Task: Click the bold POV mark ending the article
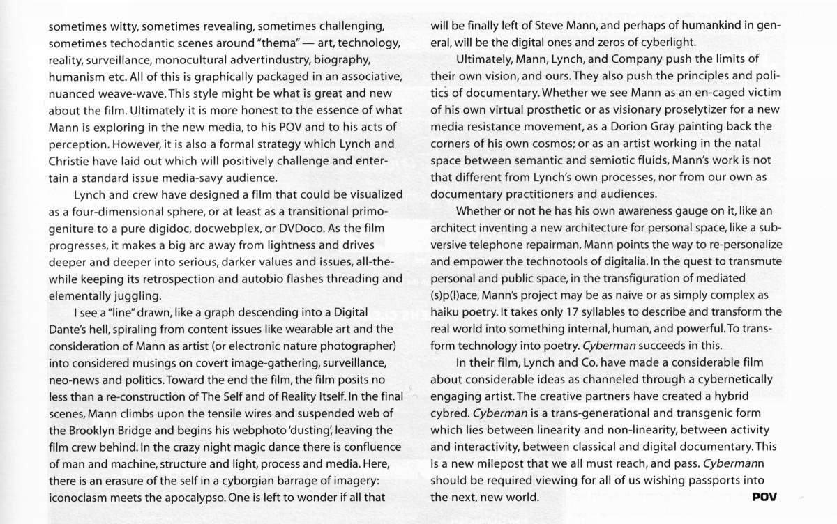tap(764, 497)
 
